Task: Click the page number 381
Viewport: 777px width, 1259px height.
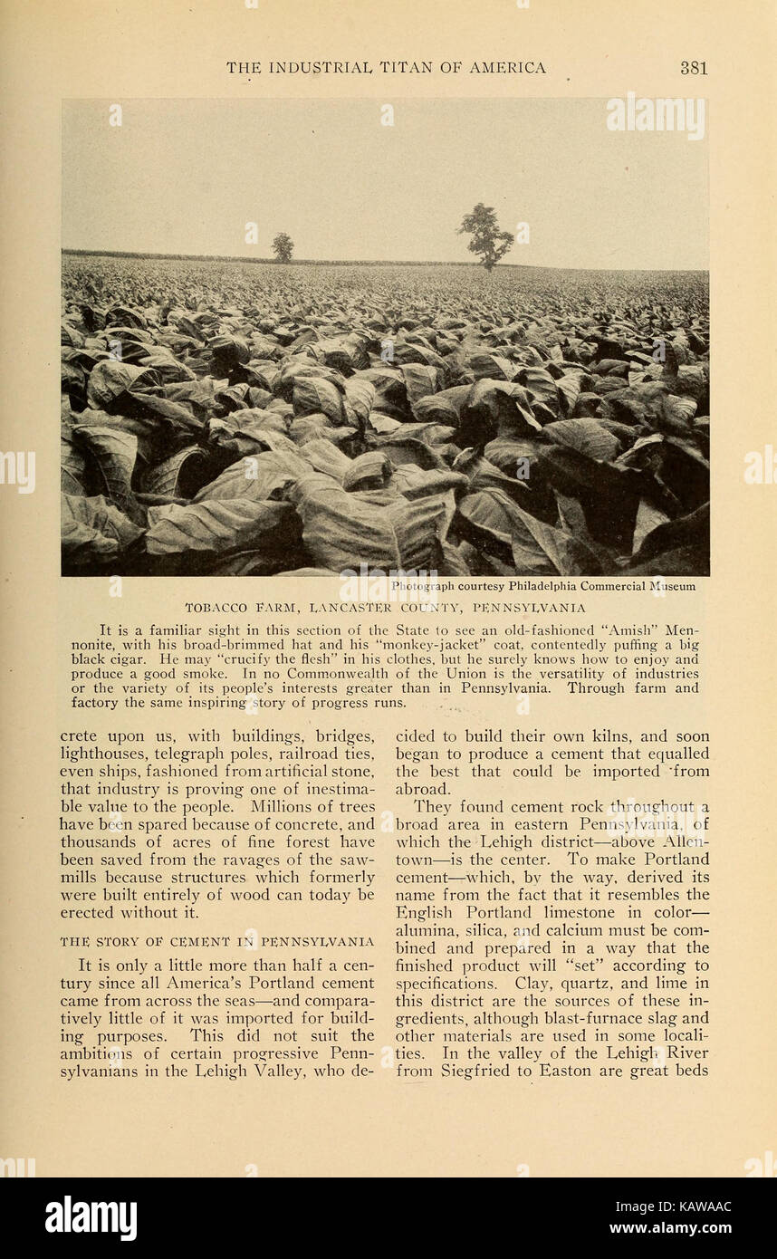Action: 693,68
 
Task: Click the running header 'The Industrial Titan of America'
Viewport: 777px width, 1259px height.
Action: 386,68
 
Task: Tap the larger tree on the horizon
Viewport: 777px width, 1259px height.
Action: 485,235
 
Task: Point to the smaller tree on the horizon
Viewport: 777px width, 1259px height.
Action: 283,246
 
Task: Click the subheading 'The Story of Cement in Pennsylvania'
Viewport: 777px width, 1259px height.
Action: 216,942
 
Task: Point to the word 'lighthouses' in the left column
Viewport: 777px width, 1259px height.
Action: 101,754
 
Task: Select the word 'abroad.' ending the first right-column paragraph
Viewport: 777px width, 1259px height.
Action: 422,789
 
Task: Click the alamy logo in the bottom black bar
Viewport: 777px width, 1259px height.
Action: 91,1218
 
